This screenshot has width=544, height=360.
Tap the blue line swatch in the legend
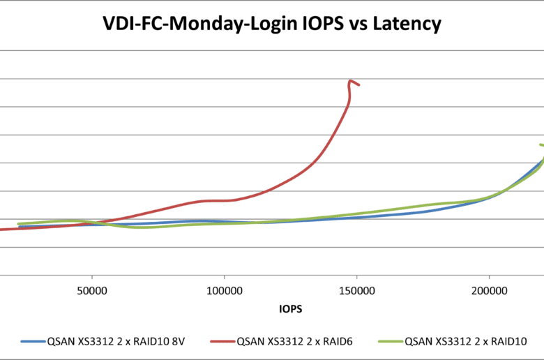(x=32, y=342)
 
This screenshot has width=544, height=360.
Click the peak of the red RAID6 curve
(x=350, y=80)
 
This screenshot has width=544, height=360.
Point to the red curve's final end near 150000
(x=358, y=85)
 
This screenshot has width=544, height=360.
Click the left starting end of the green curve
(x=18, y=224)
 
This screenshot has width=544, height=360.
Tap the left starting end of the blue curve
(x=20, y=227)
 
